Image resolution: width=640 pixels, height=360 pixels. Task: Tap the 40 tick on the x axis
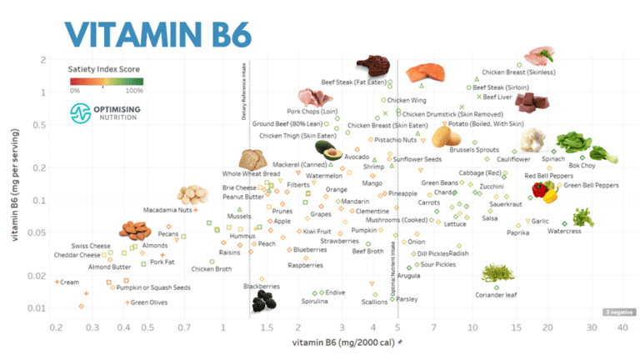tap(622, 327)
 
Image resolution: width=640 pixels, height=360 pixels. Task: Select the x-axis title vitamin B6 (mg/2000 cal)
tap(342, 342)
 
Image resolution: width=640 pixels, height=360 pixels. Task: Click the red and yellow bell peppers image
tap(545, 192)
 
